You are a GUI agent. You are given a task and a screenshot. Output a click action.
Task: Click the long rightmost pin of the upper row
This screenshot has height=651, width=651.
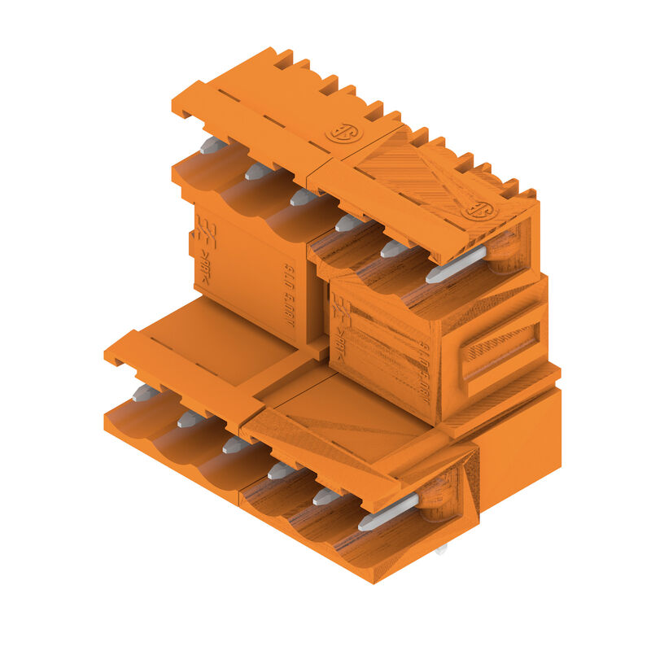(455, 265)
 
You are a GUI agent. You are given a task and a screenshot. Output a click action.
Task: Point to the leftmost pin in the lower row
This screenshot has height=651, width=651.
(145, 394)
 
